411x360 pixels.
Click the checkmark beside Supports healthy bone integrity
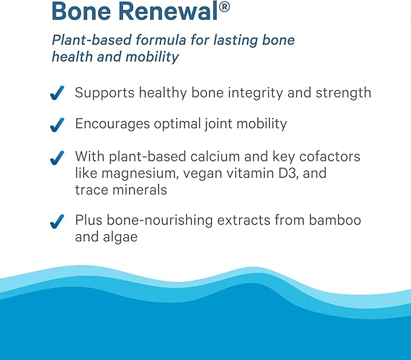click(57, 94)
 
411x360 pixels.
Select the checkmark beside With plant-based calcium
click(57, 157)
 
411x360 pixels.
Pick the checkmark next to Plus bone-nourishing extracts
click(57, 221)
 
